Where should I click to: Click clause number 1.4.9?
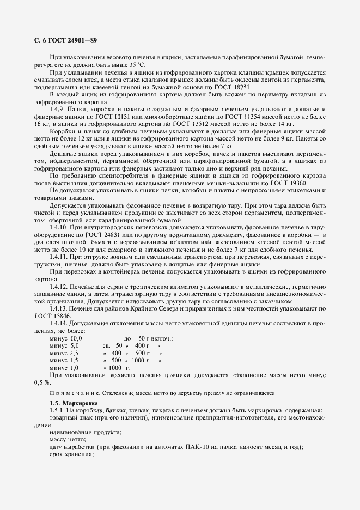point(58,111)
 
